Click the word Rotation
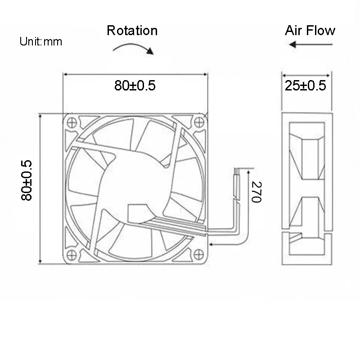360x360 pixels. tap(132, 30)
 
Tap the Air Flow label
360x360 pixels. tap(310, 30)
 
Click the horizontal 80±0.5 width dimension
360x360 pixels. tap(135, 85)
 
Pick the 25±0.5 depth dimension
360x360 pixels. tap(306, 85)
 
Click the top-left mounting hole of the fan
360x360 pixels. tap(71, 121)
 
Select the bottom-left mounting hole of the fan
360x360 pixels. tap(71, 253)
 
